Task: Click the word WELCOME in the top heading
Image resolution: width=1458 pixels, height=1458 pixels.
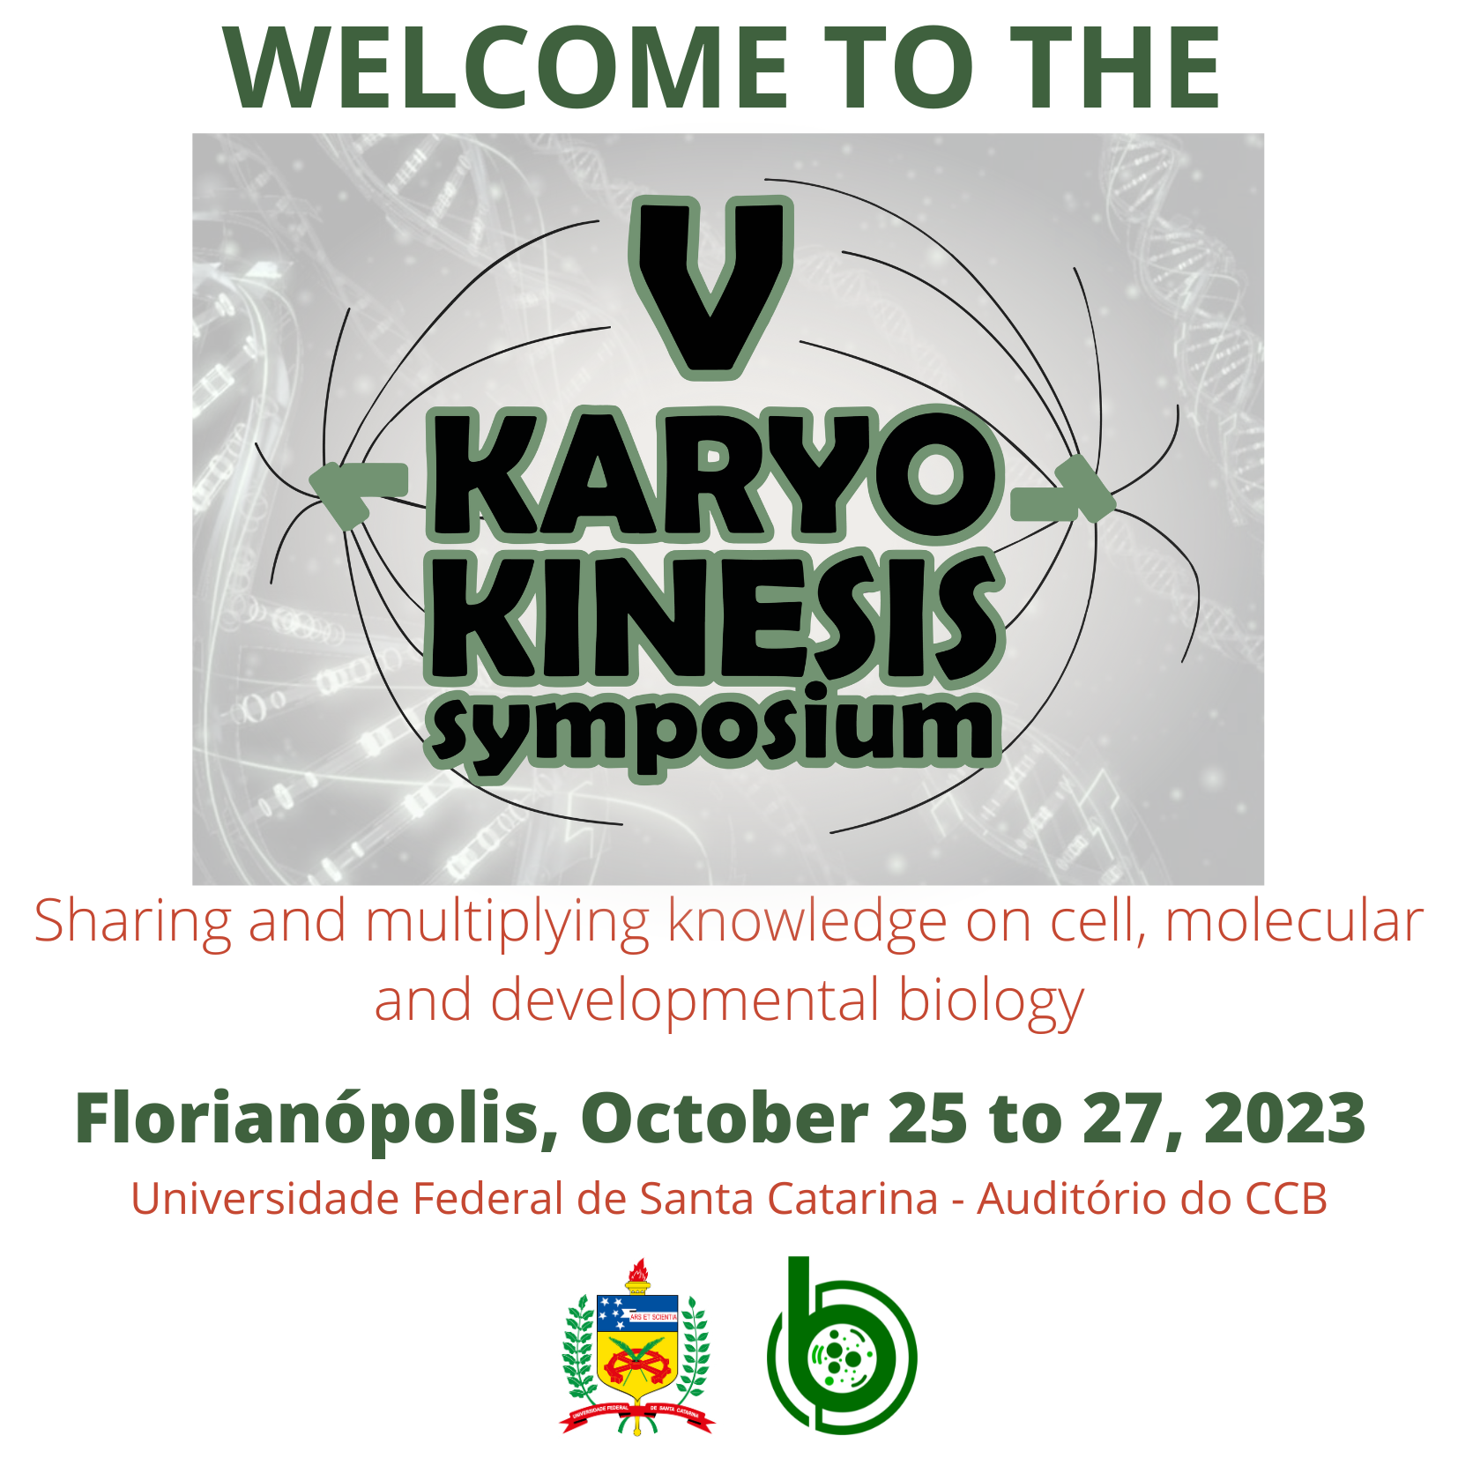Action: (506, 68)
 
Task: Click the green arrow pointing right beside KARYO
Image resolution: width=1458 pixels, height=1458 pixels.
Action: (1062, 492)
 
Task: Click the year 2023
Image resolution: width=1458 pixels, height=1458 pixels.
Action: (1284, 1118)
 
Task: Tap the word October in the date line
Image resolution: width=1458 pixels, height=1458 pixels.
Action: (725, 1118)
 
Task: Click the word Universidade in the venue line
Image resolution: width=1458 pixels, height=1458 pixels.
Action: (265, 1199)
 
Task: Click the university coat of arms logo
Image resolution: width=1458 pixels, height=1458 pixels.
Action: (636, 1346)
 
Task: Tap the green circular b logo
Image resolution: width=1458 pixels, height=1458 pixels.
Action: (842, 1345)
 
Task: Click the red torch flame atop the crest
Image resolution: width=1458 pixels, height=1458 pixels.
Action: (638, 1270)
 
